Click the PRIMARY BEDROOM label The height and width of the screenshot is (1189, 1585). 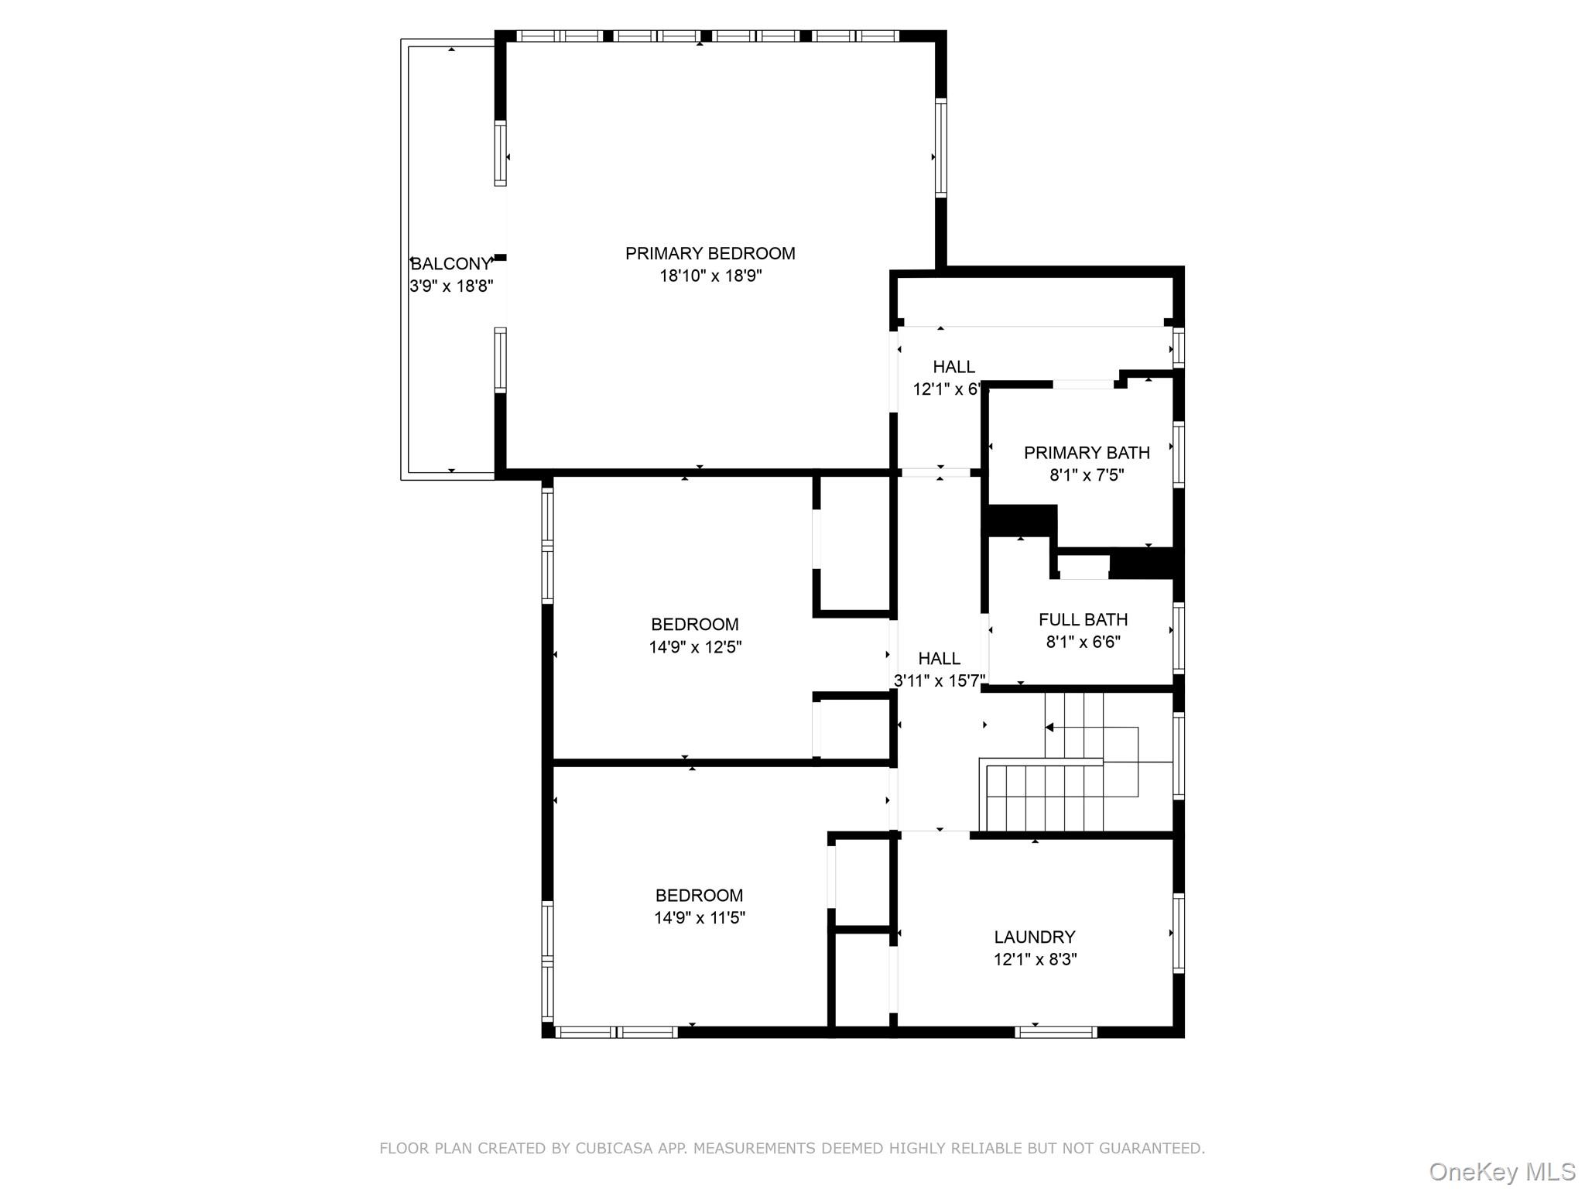710,253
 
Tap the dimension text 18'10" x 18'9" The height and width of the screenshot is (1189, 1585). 710,276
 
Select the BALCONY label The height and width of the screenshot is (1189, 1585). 451,263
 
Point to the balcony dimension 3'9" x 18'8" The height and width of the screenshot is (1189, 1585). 451,286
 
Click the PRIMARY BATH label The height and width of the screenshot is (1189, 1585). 1087,453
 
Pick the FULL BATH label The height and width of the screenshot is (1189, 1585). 1083,619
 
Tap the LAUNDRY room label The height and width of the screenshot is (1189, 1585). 1035,937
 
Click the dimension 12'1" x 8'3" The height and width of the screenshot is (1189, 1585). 1035,960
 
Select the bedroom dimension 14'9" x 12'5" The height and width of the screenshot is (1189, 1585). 695,647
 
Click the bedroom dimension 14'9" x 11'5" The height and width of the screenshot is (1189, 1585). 699,918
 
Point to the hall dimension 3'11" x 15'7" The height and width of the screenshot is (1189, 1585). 940,681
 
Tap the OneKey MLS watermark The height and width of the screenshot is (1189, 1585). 1501,1172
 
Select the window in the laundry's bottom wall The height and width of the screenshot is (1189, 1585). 1056,1032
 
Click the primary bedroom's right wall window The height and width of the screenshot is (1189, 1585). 940,147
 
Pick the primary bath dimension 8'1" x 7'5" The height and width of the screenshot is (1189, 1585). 1087,475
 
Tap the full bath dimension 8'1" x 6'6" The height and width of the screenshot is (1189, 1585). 1083,642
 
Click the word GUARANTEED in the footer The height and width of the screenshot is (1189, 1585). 1153,1149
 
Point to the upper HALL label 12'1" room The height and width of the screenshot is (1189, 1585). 953,367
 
